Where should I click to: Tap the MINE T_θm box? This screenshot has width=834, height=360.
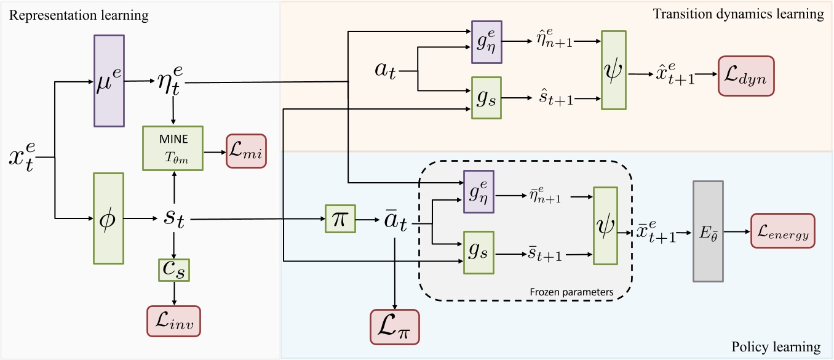(x=173, y=148)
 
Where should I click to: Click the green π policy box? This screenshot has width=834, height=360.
(x=340, y=219)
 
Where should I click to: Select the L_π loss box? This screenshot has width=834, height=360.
(x=394, y=326)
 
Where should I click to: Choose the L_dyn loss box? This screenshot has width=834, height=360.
(x=746, y=76)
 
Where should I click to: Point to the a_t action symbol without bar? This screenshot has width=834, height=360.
(x=388, y=70)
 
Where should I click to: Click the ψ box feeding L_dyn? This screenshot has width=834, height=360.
(x=613, y=70)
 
